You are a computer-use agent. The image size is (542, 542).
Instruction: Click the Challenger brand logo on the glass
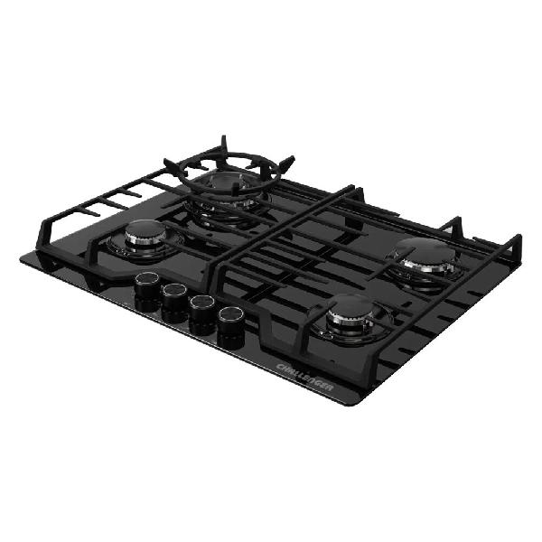(x=305, y=377)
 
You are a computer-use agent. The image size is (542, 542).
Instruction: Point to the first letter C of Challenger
(x=281, y=367)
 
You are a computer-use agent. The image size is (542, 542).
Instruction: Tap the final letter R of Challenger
(x=330, y=388)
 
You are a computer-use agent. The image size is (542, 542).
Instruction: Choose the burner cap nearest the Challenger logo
(x=350, y=306)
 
